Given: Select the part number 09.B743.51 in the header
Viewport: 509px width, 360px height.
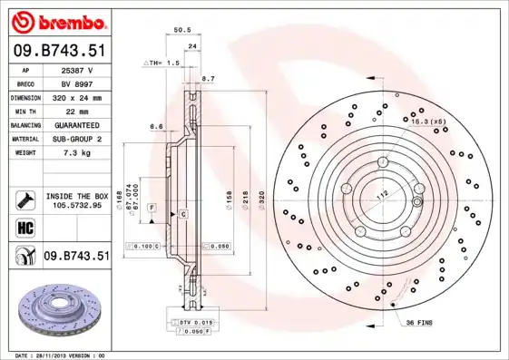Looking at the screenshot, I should (58, 52).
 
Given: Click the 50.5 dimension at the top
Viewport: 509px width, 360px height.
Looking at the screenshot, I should (181, 30).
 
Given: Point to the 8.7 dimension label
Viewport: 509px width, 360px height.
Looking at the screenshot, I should (208, 79).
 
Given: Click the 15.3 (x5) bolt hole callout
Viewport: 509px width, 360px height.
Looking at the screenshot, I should (427, 121).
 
